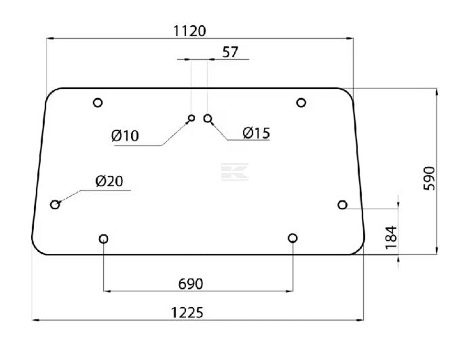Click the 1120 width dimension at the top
point(189,31)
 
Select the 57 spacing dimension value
point(230,52)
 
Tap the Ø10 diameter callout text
point(125,136)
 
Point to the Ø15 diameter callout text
point(256,133)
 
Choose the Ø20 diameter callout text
point(109,181)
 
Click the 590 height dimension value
point(429,179)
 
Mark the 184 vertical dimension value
point(391,238)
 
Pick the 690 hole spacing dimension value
point(191,284)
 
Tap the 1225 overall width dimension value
point(187,312)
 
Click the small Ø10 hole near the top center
point(191,118)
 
